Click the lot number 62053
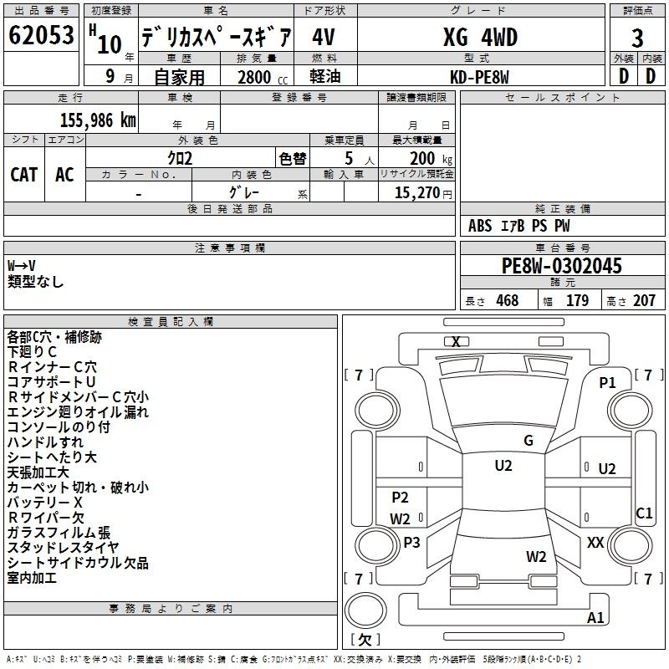(41, 35)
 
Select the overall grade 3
(637, 38)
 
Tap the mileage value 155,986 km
(98, 120)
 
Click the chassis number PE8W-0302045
(562, 266)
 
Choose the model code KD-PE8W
(479, 77)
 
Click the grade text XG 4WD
(480, 37)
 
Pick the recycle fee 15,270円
(423, 193)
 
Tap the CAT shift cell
(24, 175)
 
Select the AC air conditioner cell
(64, 175)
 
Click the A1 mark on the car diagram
(595, 617)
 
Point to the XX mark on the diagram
(595, 542)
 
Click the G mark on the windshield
(529, 441)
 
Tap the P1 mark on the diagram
(607, 383)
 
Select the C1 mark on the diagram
(644, 513)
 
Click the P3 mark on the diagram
(411, 542)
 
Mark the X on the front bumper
(456, 342)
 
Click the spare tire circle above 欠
(365, 610)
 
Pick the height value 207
(644, 300)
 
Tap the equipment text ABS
(480, 226)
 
